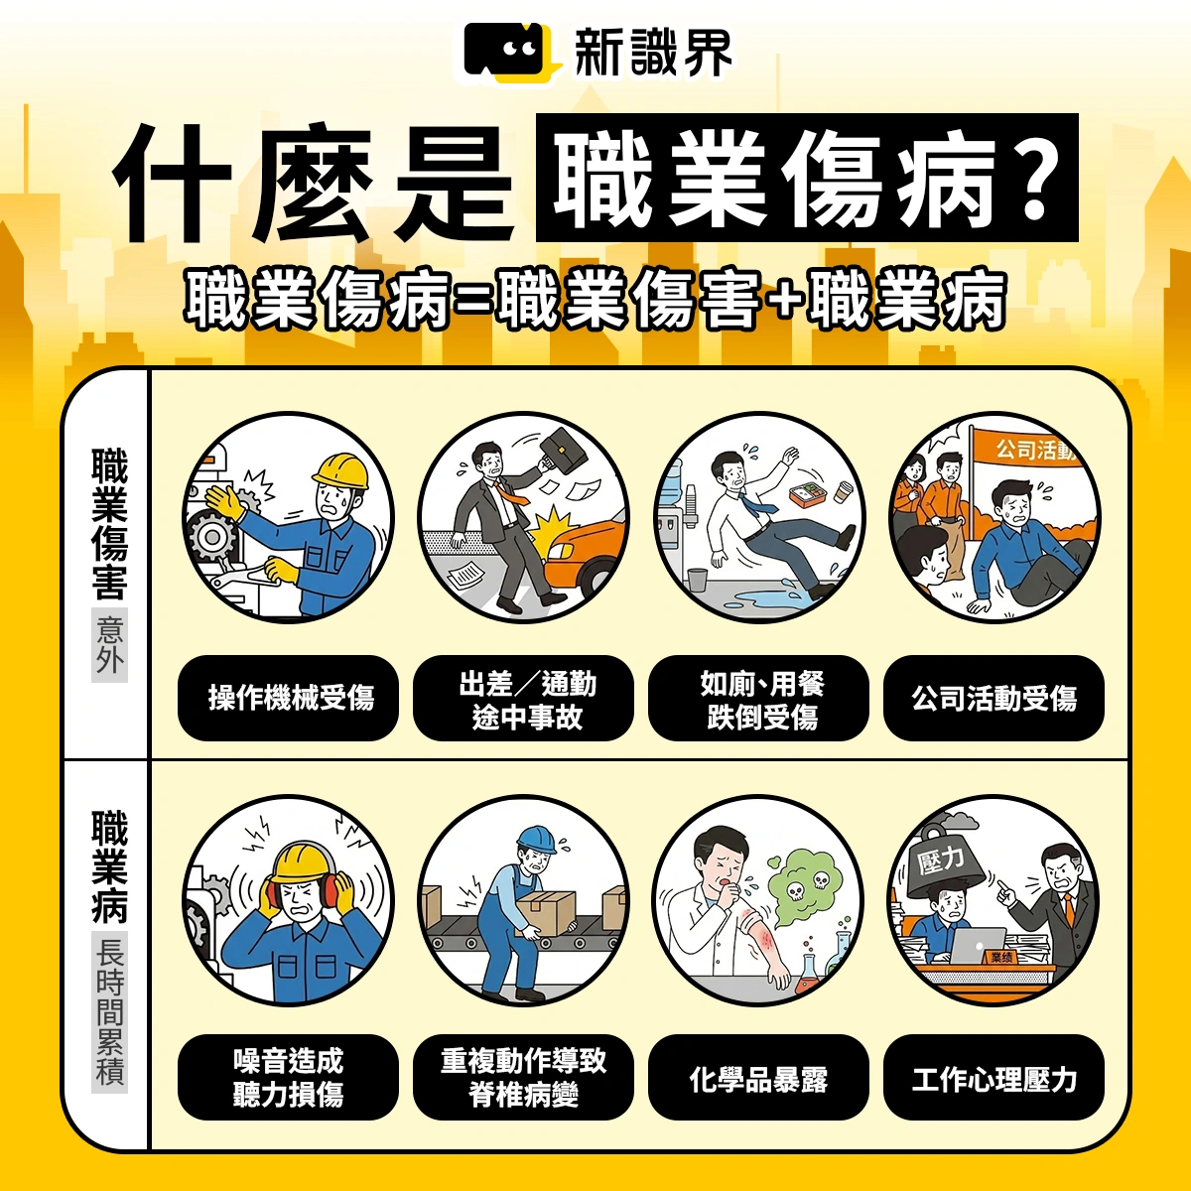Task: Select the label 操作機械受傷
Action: pos(289,698)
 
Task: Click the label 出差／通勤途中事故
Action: pos(524,699)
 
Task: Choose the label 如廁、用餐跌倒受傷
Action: pos(759,699)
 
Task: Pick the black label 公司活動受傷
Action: pos(993,698)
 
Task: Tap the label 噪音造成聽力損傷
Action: pos(289,1077)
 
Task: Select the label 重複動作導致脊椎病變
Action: pos(524,1077)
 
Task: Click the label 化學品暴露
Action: pos(759,1078)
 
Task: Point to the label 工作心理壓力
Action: pos(993,1078)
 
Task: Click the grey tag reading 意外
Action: pos(110,646)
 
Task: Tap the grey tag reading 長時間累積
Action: pos(110,1011)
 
